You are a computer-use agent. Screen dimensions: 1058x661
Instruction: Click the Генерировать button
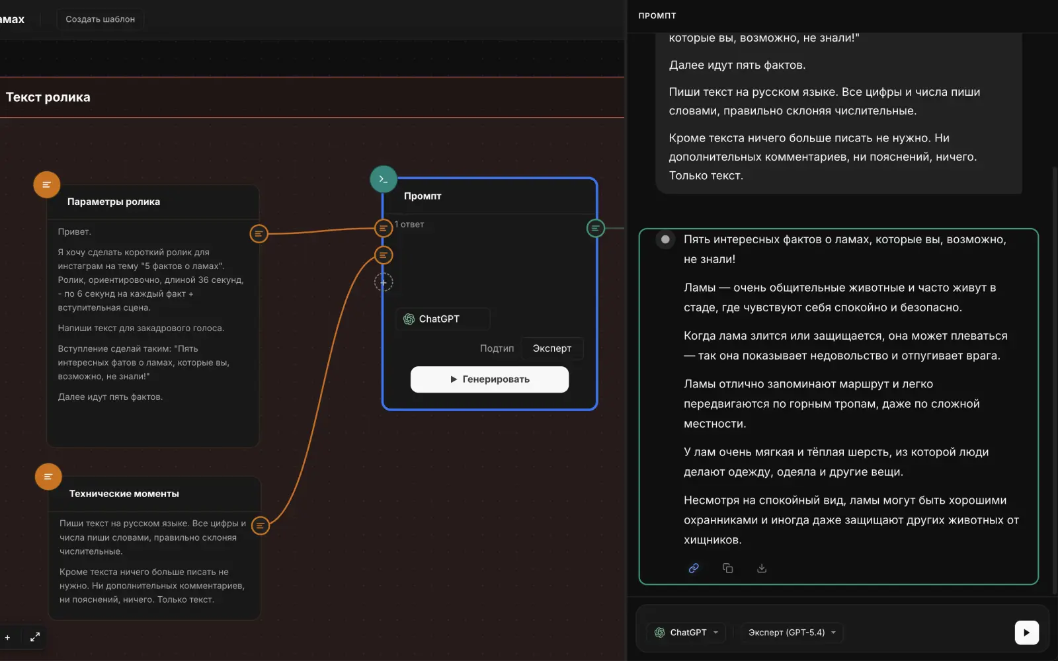(x=489, y=379)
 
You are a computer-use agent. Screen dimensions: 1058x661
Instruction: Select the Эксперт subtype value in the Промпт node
(x=551, y=348)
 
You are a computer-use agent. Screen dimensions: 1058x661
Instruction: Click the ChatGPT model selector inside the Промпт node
(x=442, y=319)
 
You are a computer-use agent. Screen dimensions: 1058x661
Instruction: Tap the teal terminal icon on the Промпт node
(x=383, y=179)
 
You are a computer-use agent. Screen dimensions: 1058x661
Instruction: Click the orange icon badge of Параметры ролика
(x=46, y=184)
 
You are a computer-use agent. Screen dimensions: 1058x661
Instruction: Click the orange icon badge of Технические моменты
(x=48, y=477)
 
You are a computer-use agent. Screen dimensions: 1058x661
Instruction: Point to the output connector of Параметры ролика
(x=259, y=233)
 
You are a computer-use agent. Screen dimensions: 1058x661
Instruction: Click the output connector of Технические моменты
(x=261, y=525)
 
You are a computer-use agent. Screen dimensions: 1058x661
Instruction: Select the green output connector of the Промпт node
(x=595, y=229)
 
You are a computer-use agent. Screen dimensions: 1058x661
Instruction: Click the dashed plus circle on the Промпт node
(x=383, y=282)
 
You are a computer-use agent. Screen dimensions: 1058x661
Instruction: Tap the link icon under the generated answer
(x=694, y=568)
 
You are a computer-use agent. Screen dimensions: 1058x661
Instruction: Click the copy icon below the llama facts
(x=727, y=568)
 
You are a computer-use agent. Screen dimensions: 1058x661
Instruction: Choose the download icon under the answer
(x=761, y=568)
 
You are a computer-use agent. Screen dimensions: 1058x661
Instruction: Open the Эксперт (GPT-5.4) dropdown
(x=792, y=633)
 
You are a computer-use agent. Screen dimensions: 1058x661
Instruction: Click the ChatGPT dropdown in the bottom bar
(x=686, y=633)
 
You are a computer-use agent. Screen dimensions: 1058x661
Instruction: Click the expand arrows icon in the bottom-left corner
(x=35, y=637)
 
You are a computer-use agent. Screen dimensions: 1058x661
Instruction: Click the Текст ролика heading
(x=48, y=97)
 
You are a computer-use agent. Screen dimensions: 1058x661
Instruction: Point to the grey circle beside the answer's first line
(x=665, y=239)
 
